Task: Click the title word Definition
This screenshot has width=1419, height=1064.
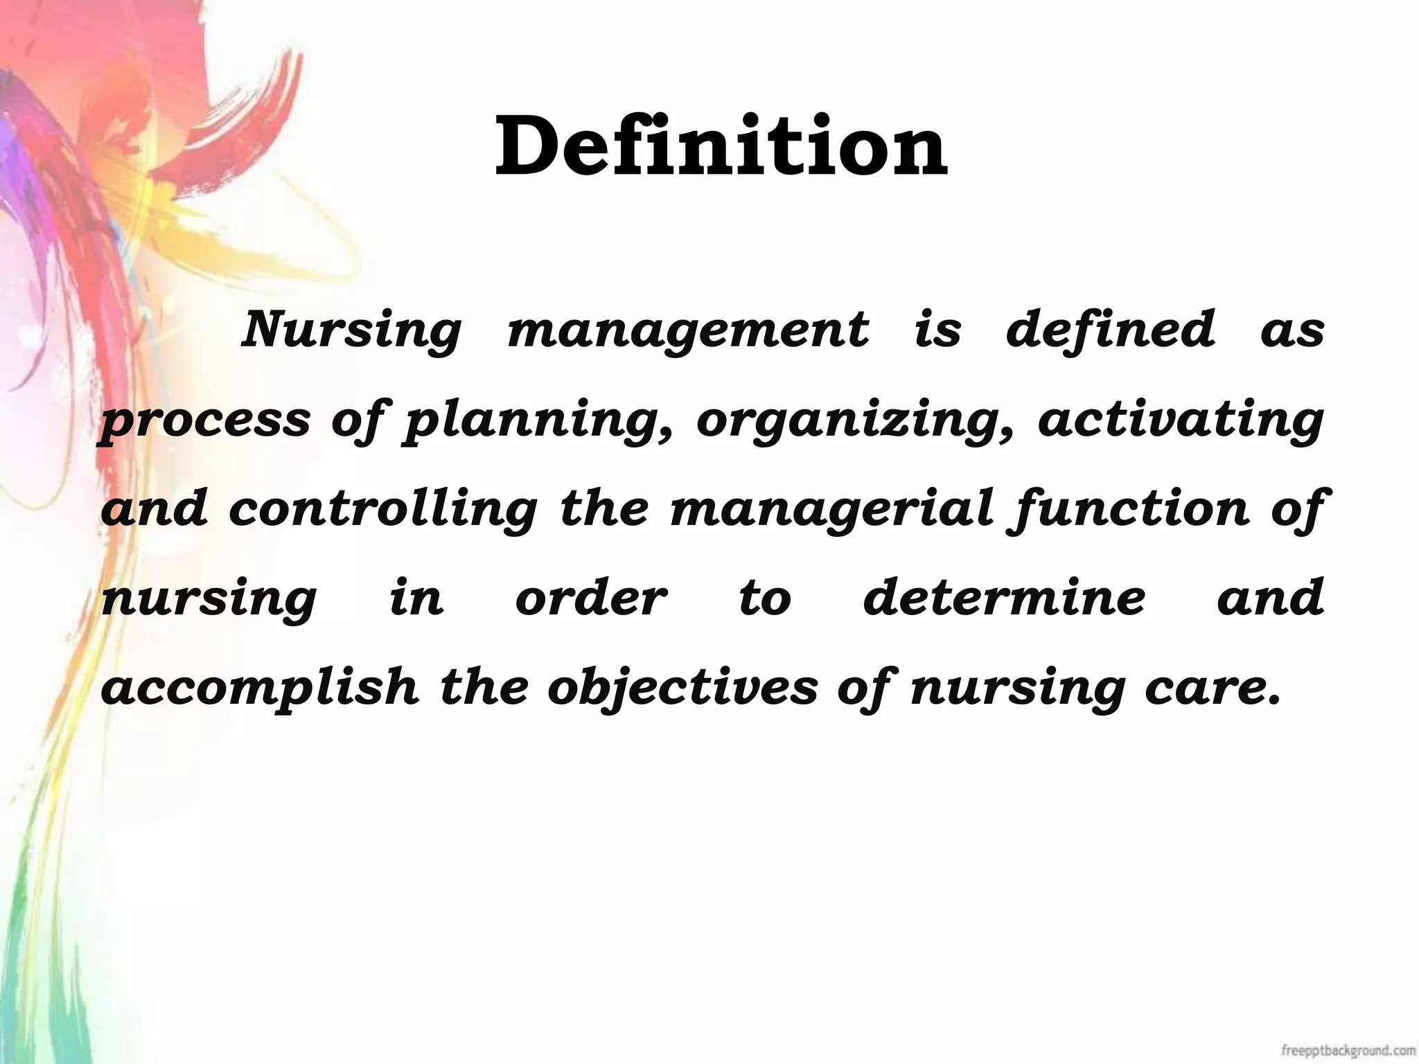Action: pyautogui.click(x=721, y=147)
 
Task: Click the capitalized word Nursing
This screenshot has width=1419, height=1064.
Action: pyautogui.click(x=351, y=331)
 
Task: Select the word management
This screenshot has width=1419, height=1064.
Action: pyautogui.click(x=687, y=331)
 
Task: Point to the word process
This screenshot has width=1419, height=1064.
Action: pyautogui.click(x=206, y=421)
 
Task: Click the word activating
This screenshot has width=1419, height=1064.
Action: pyautogui.click(x=1181, y=420)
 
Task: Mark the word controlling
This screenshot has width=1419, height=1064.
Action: pyautogui.click(x=382, y=509)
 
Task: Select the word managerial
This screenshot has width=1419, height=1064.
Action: pyautogui.click(x=831, y=509)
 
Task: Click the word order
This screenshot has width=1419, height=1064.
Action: pyautogui.click(x=591, y=598)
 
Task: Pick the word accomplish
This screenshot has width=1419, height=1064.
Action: pyautogui.click(x=260, y=688)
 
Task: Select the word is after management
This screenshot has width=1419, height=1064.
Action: pyautogui.click(x=937, y=330)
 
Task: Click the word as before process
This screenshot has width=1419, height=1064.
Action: pyautogui.click(x=1292, y=331)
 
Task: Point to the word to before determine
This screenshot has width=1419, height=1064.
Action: pyautogui.click(x=764, y=598)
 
